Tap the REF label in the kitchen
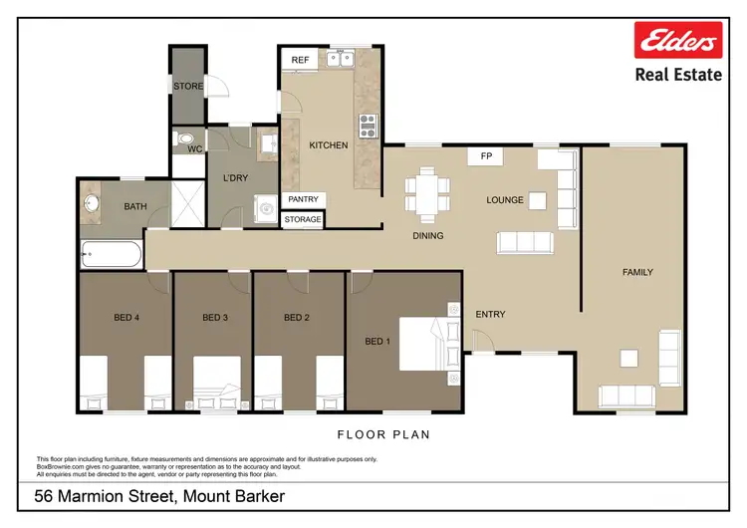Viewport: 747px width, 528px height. click(299, 61)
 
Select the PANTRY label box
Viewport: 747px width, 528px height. click(304, 199)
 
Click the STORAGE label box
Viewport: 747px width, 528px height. click(303, 219)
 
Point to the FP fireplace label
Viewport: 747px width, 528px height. click(486, 156)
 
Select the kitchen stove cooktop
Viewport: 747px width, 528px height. click(368, 126)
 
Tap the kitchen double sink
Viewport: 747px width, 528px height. click(345, 59)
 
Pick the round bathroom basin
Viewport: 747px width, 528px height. click(92, 205)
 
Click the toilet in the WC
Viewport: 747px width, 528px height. click(183, 139)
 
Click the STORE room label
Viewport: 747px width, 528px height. click(188, 87)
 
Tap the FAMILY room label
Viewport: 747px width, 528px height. click(637, 272)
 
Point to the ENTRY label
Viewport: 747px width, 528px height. click(490, 315)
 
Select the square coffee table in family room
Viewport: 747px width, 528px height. click(628, 359)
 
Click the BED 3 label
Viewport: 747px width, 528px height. click(215, 318)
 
